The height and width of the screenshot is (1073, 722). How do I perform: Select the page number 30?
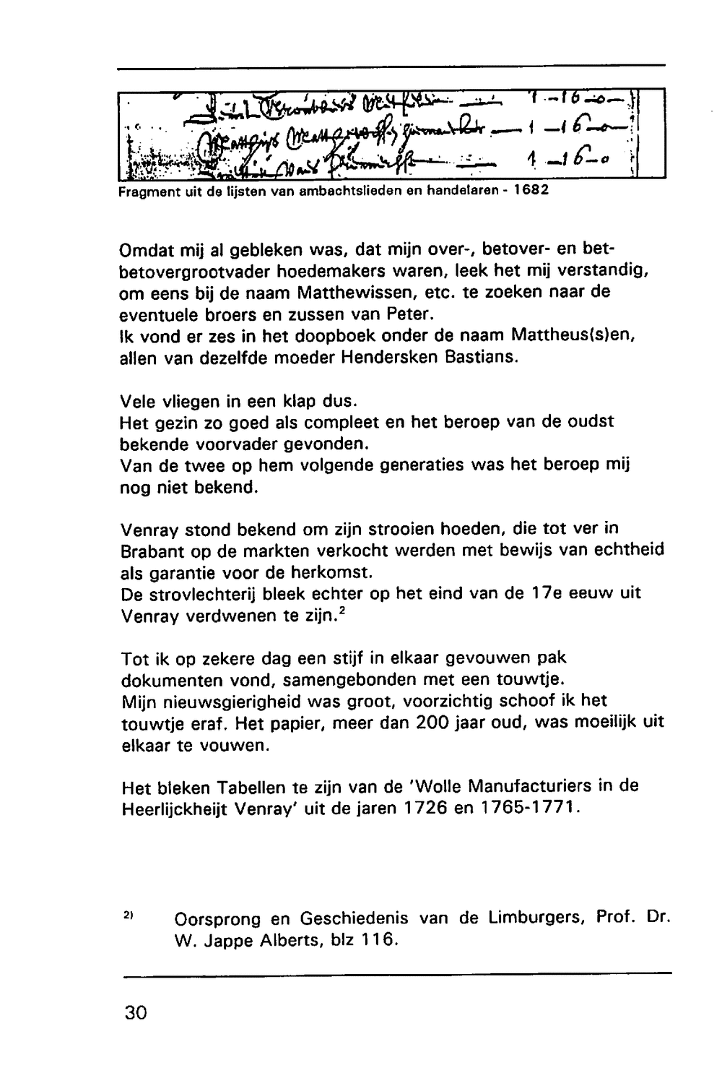135,1012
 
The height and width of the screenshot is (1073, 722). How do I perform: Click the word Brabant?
152,551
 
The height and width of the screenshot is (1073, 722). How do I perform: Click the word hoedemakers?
348,272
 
